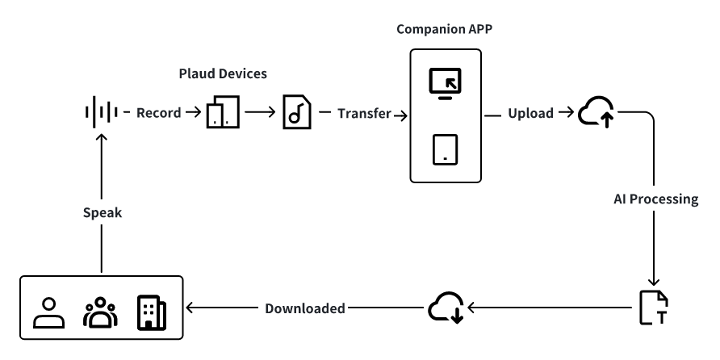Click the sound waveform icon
pyautogui.click(x=102, y=113)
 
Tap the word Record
pyautogui.click(x=158, y=113)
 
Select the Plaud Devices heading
pyautogui.click(x=223, y=74)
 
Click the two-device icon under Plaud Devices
pyautogui.click(x=223, y=114)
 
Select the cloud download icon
pyautogui.click(x=446, y=308)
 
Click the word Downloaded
pyautogui.click(x=306, y=308)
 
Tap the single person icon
pyautogui.click(x=48, y=312)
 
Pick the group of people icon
pyautogui.click(x=100, y=312)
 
